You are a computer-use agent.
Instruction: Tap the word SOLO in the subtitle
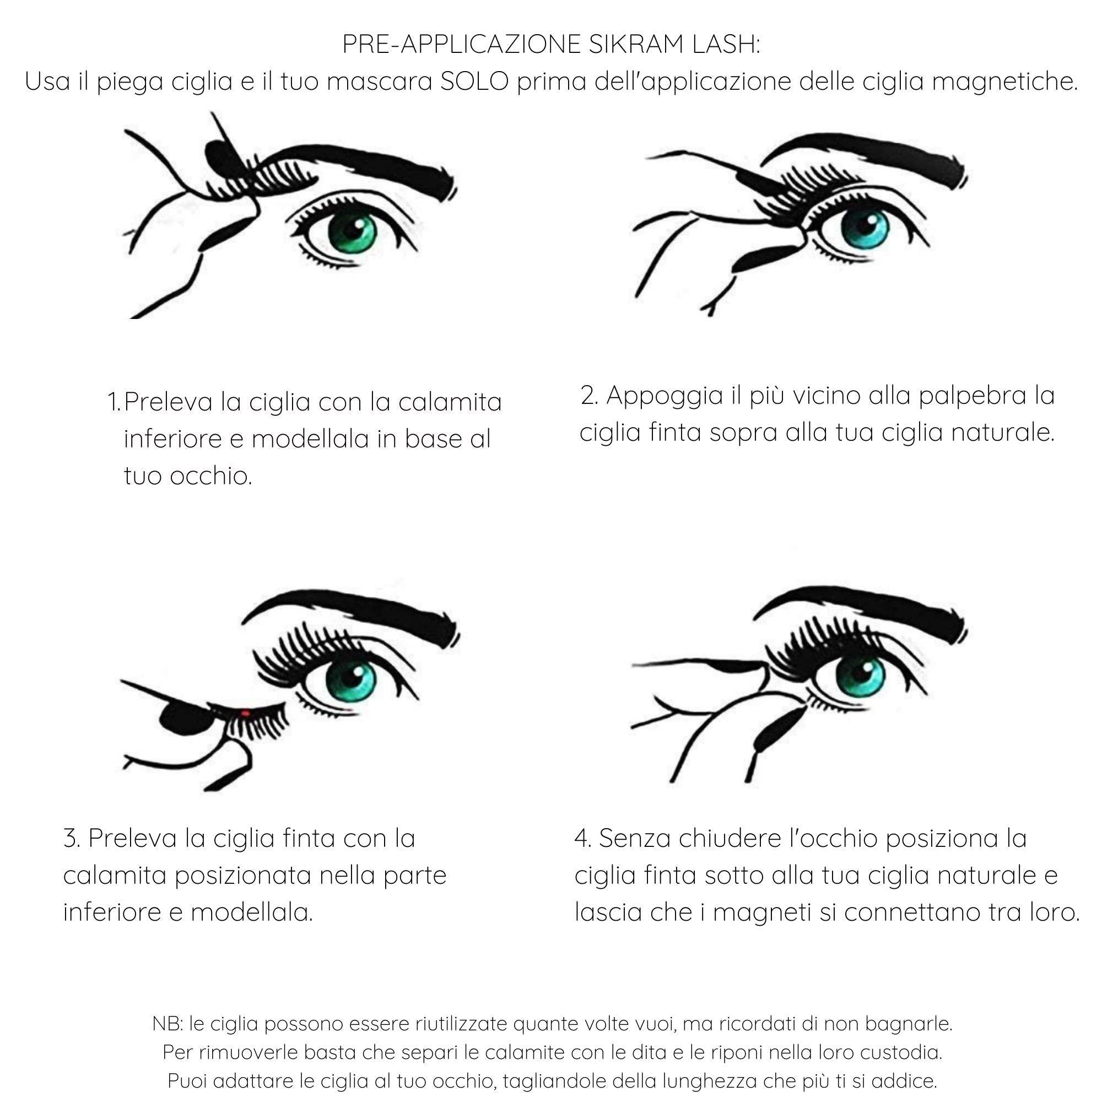[474, 82]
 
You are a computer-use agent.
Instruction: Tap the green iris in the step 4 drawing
[860, 676]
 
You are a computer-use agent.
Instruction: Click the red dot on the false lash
[245, 712]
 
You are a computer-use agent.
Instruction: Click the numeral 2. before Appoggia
[589, 395]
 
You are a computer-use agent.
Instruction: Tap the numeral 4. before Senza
[582, 839]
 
